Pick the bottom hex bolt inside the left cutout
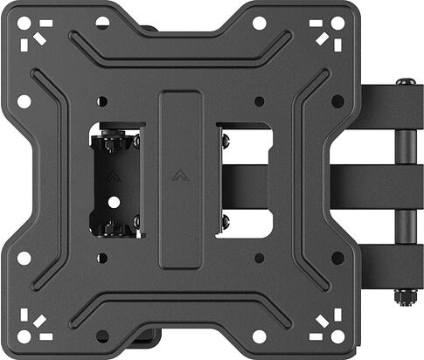(x=111, y=230)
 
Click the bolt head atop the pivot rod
(x=404, y=85)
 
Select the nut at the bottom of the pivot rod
(x=404, y=297)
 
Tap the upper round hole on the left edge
(x=24, y=101)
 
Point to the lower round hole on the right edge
(x=337, y=259)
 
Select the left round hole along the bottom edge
(x=104, y=336)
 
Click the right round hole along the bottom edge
(x=259, y=336)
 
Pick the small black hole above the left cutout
(x=103, y=100)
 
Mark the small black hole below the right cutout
(x=259, y=259)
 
